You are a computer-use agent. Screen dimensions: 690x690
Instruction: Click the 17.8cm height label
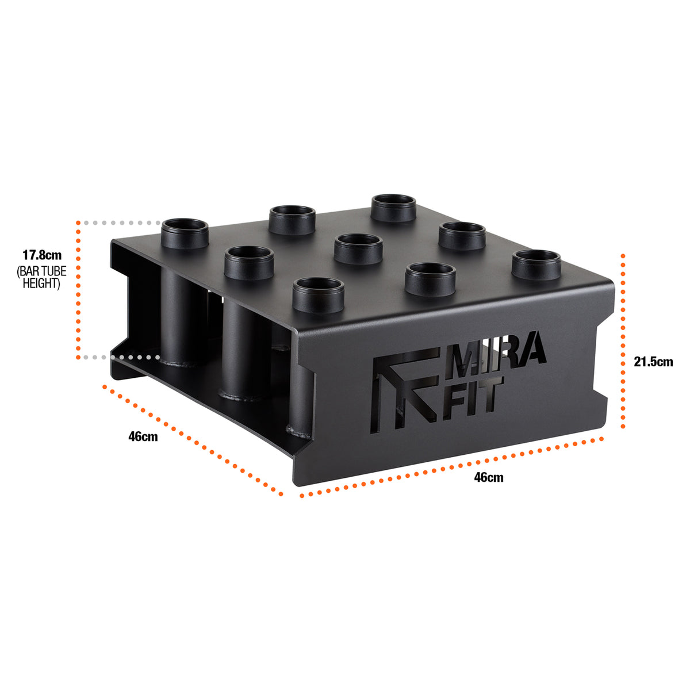tap(42, 255)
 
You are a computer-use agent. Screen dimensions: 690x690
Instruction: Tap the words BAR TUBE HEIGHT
tap(42, 277)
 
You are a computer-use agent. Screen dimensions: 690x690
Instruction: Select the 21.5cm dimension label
tap(653, 362)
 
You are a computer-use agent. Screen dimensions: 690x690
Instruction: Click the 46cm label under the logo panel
tap(488, 477)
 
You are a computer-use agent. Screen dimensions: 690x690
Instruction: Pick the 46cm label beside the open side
tap(143, 436)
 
